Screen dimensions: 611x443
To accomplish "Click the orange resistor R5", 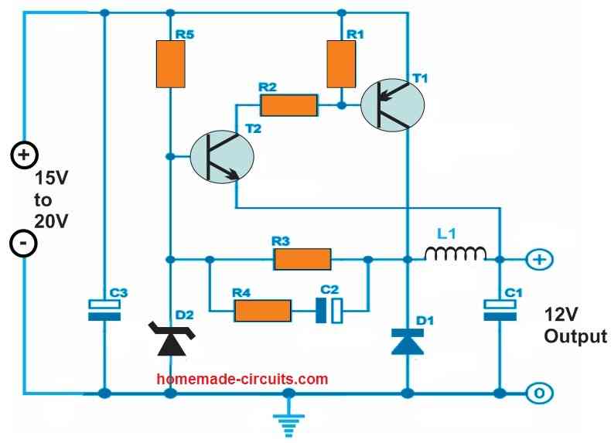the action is pos(170,64).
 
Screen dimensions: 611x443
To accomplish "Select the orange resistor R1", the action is pos(341,64).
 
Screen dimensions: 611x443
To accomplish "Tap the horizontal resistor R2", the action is pos(288,105).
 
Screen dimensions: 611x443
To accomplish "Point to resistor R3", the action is pos(302,259).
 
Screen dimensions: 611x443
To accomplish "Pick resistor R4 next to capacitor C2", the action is pos(263,311).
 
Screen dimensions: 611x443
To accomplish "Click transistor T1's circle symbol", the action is pos(392,105).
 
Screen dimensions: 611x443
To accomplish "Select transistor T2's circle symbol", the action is pos(222,157).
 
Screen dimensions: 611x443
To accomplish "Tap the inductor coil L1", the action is pos(455,254).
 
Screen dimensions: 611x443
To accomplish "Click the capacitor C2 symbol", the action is pos(329,311).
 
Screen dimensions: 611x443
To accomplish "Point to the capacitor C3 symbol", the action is pos(104,310).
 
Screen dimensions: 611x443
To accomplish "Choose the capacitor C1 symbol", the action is pos(500,310).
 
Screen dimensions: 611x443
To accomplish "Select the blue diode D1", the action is pos(407,342).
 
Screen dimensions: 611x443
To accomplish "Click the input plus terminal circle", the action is pos(24,155).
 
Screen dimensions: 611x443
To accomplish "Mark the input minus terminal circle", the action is pos(23,244).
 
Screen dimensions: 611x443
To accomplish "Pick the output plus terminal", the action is pos(540,260).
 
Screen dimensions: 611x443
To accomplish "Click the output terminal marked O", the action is pos(540,394).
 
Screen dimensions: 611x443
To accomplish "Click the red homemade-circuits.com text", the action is pos(242,379).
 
